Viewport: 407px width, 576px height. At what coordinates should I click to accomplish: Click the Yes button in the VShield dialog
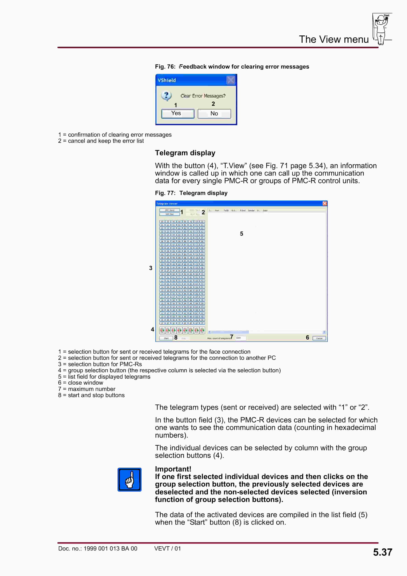[x=178, y=114]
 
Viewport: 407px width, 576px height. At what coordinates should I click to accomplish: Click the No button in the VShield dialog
[x=214, y=114]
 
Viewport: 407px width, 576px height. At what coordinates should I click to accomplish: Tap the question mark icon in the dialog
[x=166, y=96]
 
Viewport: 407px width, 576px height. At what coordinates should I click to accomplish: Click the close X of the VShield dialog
[x=231, y=80]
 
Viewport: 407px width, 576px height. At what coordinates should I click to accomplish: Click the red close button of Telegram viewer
[x=324, y=204]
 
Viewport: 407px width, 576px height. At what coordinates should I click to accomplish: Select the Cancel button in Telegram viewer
[x=319, y=338]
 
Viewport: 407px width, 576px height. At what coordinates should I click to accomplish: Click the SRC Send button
[x=170, y=210]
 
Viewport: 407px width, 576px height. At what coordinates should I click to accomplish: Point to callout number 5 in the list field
[x=242, y=234]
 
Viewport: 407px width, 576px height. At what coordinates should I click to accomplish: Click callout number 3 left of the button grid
[x=151, y=268]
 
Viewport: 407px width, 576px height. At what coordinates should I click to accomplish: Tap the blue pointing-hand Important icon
[x=129, y=479]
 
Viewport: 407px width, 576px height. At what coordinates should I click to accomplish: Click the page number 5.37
[x=382, y=552]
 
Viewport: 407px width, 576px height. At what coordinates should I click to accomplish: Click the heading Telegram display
[x=185, y=153]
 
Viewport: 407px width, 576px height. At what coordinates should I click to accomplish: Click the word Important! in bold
[x=173, y=469]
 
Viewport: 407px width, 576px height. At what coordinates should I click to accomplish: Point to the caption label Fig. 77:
[x=165, y=193]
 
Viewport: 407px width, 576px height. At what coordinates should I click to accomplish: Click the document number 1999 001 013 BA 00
[x=110, y=548]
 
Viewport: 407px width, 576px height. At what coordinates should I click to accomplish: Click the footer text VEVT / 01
[x=167, y=548]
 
